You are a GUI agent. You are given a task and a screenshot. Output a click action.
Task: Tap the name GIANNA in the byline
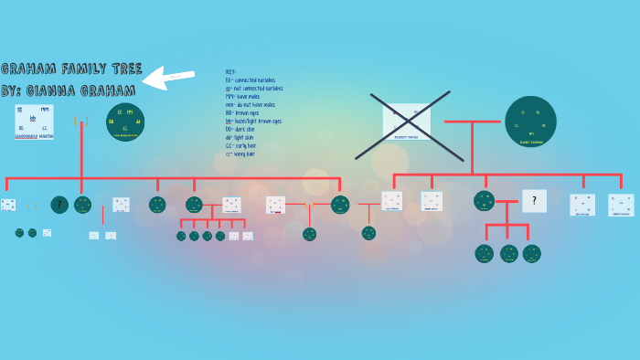pos(58,90)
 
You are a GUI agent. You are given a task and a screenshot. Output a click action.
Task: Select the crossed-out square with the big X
pos(406,119)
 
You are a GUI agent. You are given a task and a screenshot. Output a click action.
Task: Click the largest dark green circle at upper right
pos(530,122)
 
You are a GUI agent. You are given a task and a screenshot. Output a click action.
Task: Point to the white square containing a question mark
pos(534,200)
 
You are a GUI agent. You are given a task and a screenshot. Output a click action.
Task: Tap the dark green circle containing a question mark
pos(59,205)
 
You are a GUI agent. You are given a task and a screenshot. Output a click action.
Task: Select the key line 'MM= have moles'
pos(247,97)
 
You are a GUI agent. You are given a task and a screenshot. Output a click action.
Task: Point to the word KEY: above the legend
pos(231,72)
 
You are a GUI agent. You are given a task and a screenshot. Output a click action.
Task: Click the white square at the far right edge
pos(621,205)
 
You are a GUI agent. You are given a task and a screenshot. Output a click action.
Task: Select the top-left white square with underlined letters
pos(34,122)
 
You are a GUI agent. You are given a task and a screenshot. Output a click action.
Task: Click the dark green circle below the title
pos(125,122)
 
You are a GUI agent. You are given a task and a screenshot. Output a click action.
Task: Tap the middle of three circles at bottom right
pos(508,253)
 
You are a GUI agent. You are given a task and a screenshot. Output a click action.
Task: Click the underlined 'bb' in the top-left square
pos(33,119)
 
